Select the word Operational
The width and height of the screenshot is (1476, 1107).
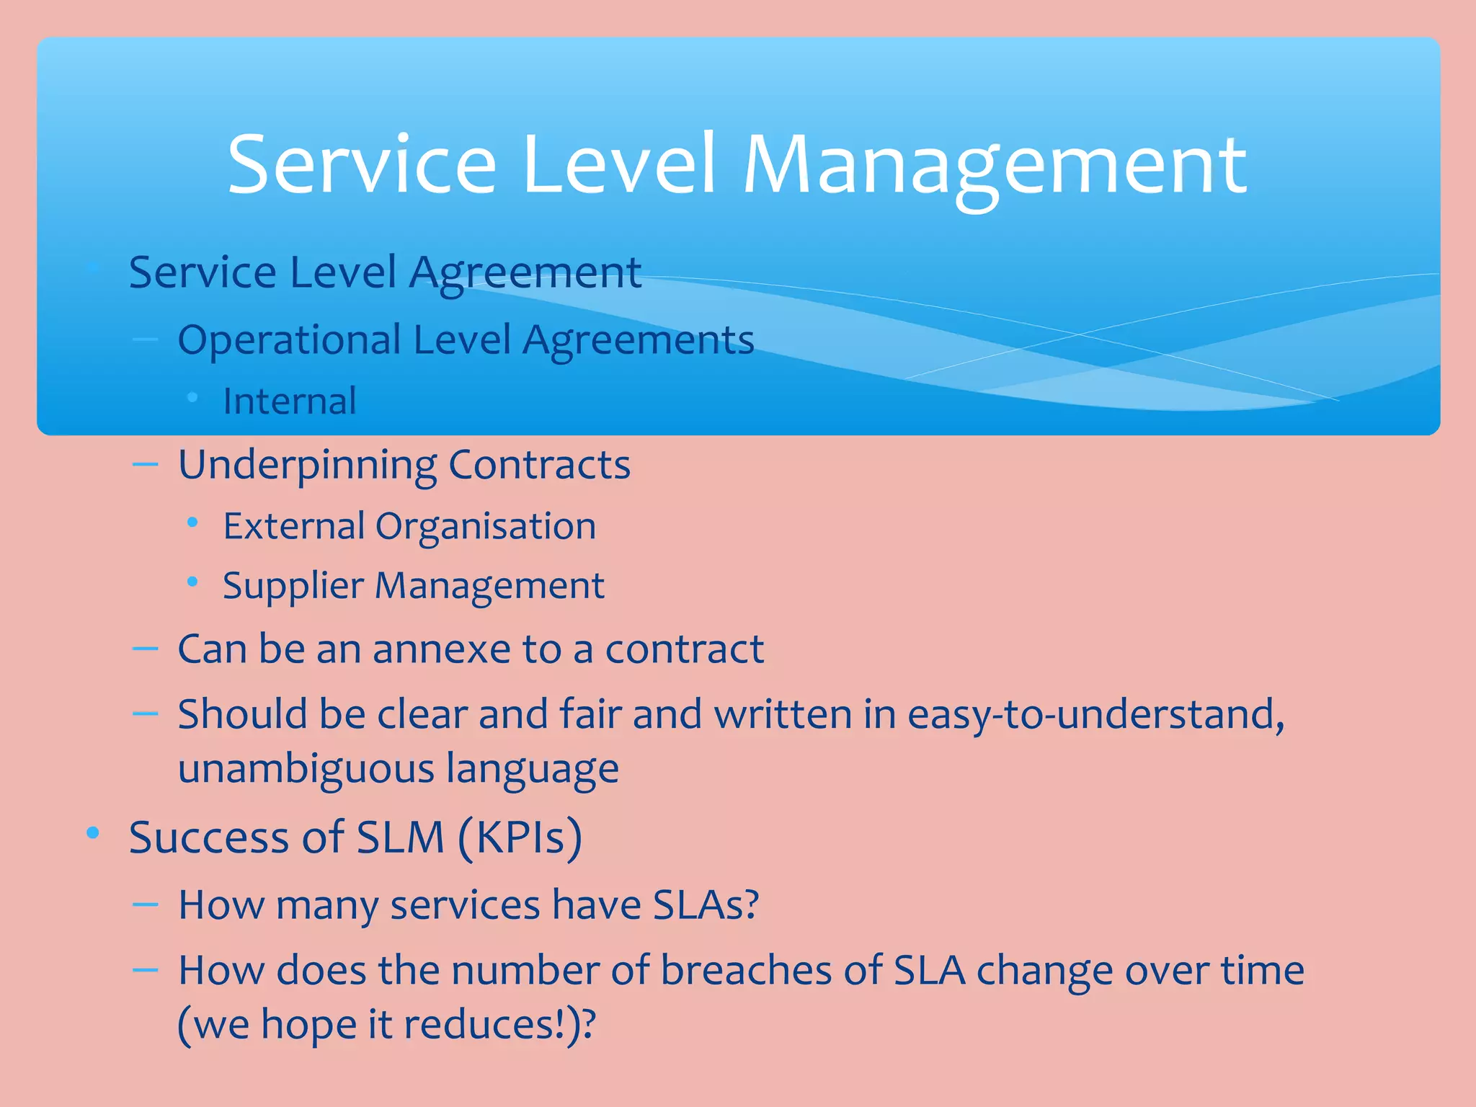[289, 340]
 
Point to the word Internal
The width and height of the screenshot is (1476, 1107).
[289, 401]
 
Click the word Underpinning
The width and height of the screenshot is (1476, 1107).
[307, 466]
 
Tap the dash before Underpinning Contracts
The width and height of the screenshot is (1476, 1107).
[146, 465]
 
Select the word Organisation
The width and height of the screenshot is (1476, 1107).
[485, 526]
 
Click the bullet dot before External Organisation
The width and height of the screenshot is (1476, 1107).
[192, 523]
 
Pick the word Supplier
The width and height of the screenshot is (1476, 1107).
[293, 586]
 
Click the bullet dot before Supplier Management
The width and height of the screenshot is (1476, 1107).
[192, 582]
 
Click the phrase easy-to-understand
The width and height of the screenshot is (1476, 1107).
[1095, 715]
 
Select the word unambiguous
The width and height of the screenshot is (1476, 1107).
[306, 768]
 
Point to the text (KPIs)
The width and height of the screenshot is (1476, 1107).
[520, 838]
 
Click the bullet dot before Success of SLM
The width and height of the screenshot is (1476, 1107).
[92, 834]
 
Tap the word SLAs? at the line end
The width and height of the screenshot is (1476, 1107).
[706, 905]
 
